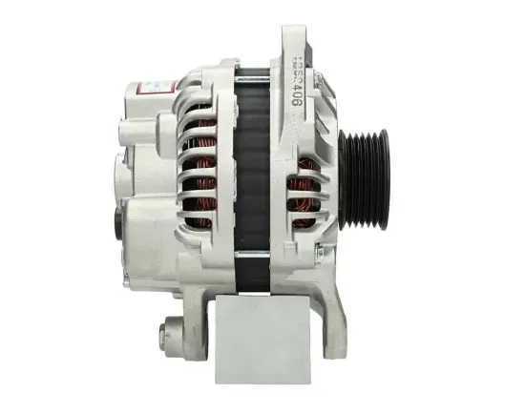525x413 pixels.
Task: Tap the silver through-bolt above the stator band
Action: coord(251,72)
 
